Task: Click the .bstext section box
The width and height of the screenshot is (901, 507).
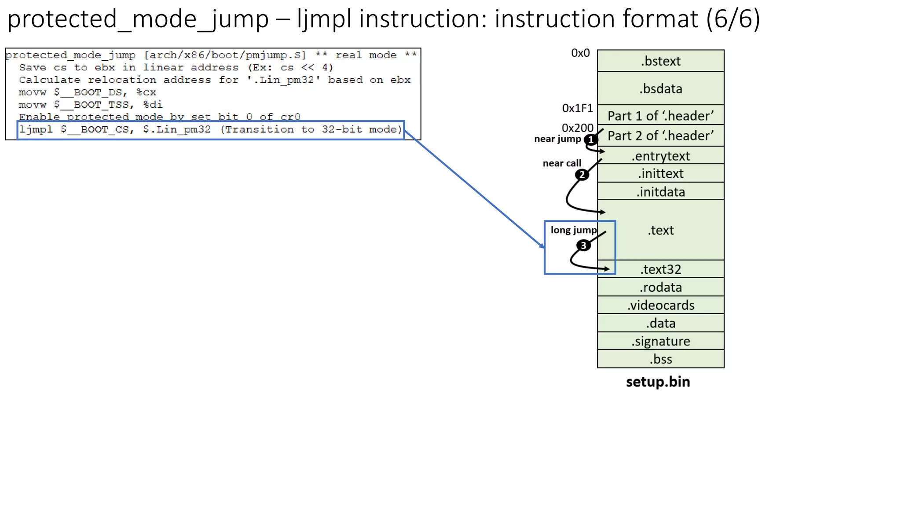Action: tap(660, 61)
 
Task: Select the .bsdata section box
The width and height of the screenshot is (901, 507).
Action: tap(660, 88)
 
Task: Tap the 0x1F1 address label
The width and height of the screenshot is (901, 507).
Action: tap(577, 108)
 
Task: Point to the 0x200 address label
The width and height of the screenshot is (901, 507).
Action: tap(577, 128)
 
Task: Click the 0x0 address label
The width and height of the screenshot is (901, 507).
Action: tap(580, 53)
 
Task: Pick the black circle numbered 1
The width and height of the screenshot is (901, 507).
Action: tap(590, 140)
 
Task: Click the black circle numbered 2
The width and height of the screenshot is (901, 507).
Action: tap(582, 175)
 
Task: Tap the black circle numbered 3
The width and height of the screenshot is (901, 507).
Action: tap(583, 245)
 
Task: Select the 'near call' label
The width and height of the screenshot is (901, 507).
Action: tap(562, 163)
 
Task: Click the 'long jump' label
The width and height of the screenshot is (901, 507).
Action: tap(573, 230)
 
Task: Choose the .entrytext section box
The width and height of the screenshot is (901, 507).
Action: tap(660, 156)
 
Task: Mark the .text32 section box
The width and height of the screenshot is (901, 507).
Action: tap(660, 269)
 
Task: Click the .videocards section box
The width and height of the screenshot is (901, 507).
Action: tap(660, 305)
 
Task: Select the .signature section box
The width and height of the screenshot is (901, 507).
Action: tap(660, 341)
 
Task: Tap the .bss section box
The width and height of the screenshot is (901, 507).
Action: tap(660, 359)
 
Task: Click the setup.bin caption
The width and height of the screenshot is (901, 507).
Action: tap(658, 382)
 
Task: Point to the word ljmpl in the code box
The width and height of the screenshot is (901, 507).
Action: tap(36, 130)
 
